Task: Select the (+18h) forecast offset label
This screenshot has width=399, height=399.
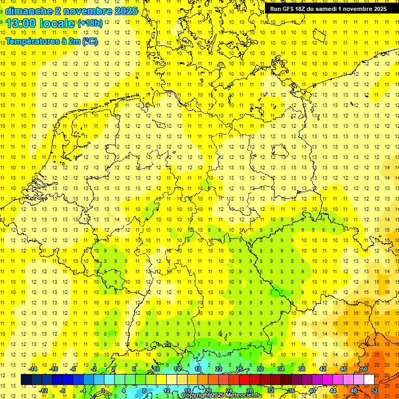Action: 89,23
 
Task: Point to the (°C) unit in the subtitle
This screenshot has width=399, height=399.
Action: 89,42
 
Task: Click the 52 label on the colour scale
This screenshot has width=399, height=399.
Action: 375,390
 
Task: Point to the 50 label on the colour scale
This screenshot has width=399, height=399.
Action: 364,369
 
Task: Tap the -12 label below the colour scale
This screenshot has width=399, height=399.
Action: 43,390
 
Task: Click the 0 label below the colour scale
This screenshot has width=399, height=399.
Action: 103,390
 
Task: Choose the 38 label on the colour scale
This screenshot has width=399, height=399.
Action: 302,369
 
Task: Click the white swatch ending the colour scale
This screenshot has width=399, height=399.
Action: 369,380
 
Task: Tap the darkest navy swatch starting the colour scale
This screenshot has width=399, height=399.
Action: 26,380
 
